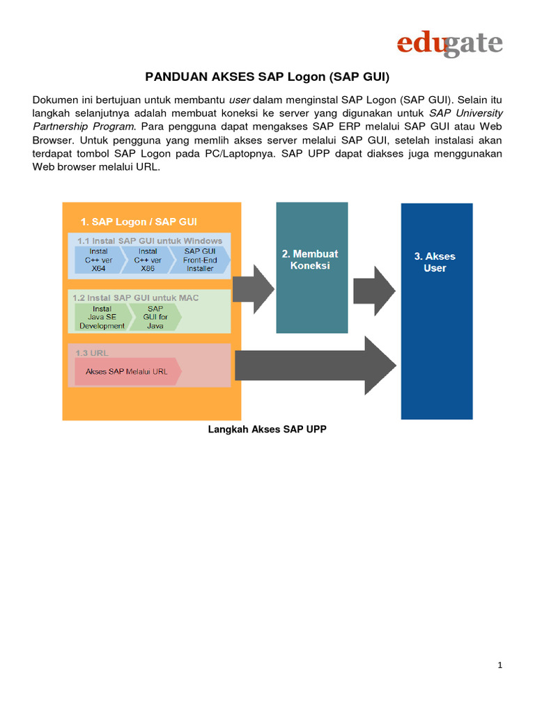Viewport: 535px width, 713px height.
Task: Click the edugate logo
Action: [449, 44]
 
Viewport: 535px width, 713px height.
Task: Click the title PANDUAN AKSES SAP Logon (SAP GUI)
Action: [267, 76]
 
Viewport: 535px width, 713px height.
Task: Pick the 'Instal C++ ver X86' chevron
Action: [148, 260]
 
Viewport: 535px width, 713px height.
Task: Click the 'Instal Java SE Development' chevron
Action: [102, 317]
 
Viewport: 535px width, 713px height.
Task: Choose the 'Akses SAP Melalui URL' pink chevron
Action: [127, 371]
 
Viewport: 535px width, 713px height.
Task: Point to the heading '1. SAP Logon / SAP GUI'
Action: [139, 221]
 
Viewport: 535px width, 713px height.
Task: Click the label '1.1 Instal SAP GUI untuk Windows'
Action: [149, 240]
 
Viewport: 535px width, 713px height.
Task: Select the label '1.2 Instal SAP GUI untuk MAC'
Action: [136, 297]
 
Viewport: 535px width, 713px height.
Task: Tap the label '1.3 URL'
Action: [92, 352]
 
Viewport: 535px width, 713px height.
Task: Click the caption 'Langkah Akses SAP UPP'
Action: [267, 430]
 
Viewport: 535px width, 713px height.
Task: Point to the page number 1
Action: [500, 666]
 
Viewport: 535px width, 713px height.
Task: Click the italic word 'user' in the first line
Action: [240, 99]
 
